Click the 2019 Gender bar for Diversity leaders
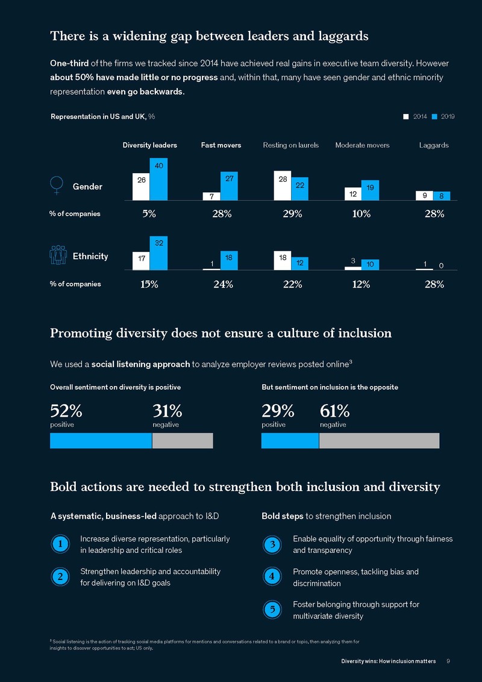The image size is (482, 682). tap(158, 178)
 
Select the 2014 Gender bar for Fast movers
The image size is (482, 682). tap(211, 196)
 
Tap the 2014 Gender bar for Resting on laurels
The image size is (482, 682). tap(282, 185)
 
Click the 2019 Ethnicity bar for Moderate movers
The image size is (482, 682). tap(370, 264)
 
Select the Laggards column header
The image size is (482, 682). tap(434, 145)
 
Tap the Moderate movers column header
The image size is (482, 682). tap(362, 145)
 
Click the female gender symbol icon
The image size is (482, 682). tap(56, 186)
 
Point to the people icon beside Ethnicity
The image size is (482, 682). tap(58, 256)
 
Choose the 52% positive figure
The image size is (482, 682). tap(66, 411)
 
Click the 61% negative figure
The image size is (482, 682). tap(334, 411)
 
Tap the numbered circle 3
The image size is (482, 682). tap(272, 545)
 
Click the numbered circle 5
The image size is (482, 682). tap(272, 609)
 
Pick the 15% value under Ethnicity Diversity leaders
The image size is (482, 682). tap(149, 284)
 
